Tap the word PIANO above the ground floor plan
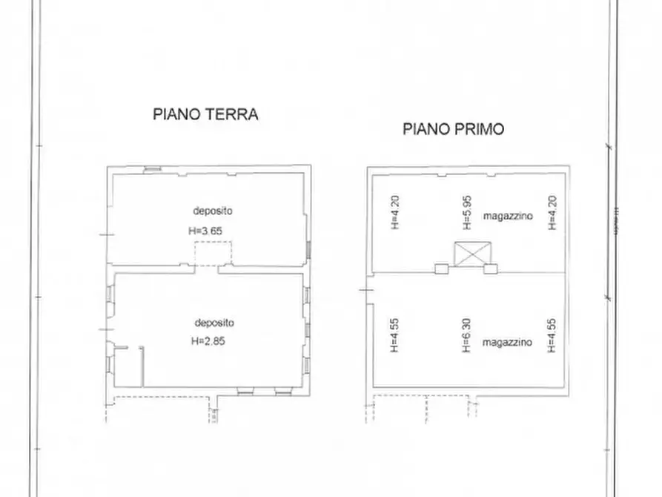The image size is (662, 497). (x=176, y=114)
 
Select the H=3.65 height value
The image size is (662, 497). (x=206, y=231)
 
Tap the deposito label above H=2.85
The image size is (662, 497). (x=215, y=323)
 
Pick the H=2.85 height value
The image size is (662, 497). (x=208, y=342)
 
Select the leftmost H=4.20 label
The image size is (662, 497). (x=394, y=212)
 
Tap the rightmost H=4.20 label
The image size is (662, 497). (x=551, y=212)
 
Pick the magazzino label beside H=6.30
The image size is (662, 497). (x=507, y=343)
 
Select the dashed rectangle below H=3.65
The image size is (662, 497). (x=212, y=254)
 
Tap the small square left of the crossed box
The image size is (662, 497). (x=442, y=269)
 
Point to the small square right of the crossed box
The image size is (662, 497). (x=490, y=269)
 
